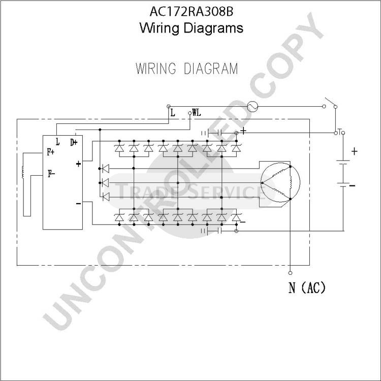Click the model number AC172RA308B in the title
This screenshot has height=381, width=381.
191,11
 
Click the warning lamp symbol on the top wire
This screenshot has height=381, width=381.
252,107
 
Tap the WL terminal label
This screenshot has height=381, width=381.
196,112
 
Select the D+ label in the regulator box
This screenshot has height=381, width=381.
74,142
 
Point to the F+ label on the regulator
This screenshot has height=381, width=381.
50,152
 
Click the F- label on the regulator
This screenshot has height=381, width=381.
51,174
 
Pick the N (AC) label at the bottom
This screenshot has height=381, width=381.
307,288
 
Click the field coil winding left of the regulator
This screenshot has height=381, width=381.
23,172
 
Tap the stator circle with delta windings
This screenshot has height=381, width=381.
280,182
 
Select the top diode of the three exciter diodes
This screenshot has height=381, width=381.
106,168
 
